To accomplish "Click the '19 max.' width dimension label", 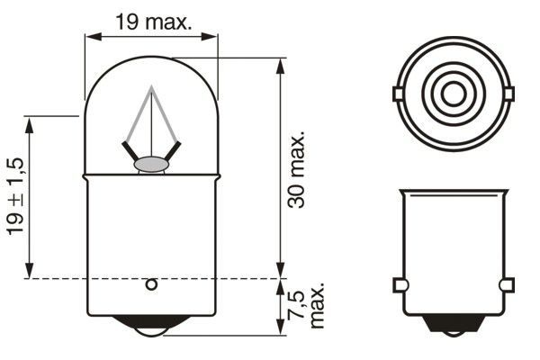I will [x=154, y=22].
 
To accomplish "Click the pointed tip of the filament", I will [x=151, y=88].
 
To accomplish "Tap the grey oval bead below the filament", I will [x=151, y=165].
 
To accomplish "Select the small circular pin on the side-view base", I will [x=151, y=285].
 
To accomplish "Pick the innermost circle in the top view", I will [x=453, y=94].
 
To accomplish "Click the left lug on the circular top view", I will [x=397, y=94].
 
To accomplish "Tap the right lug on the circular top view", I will [x=508, y=94].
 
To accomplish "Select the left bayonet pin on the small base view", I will [x=399, y=286].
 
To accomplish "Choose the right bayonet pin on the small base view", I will [x=508, y=286].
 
